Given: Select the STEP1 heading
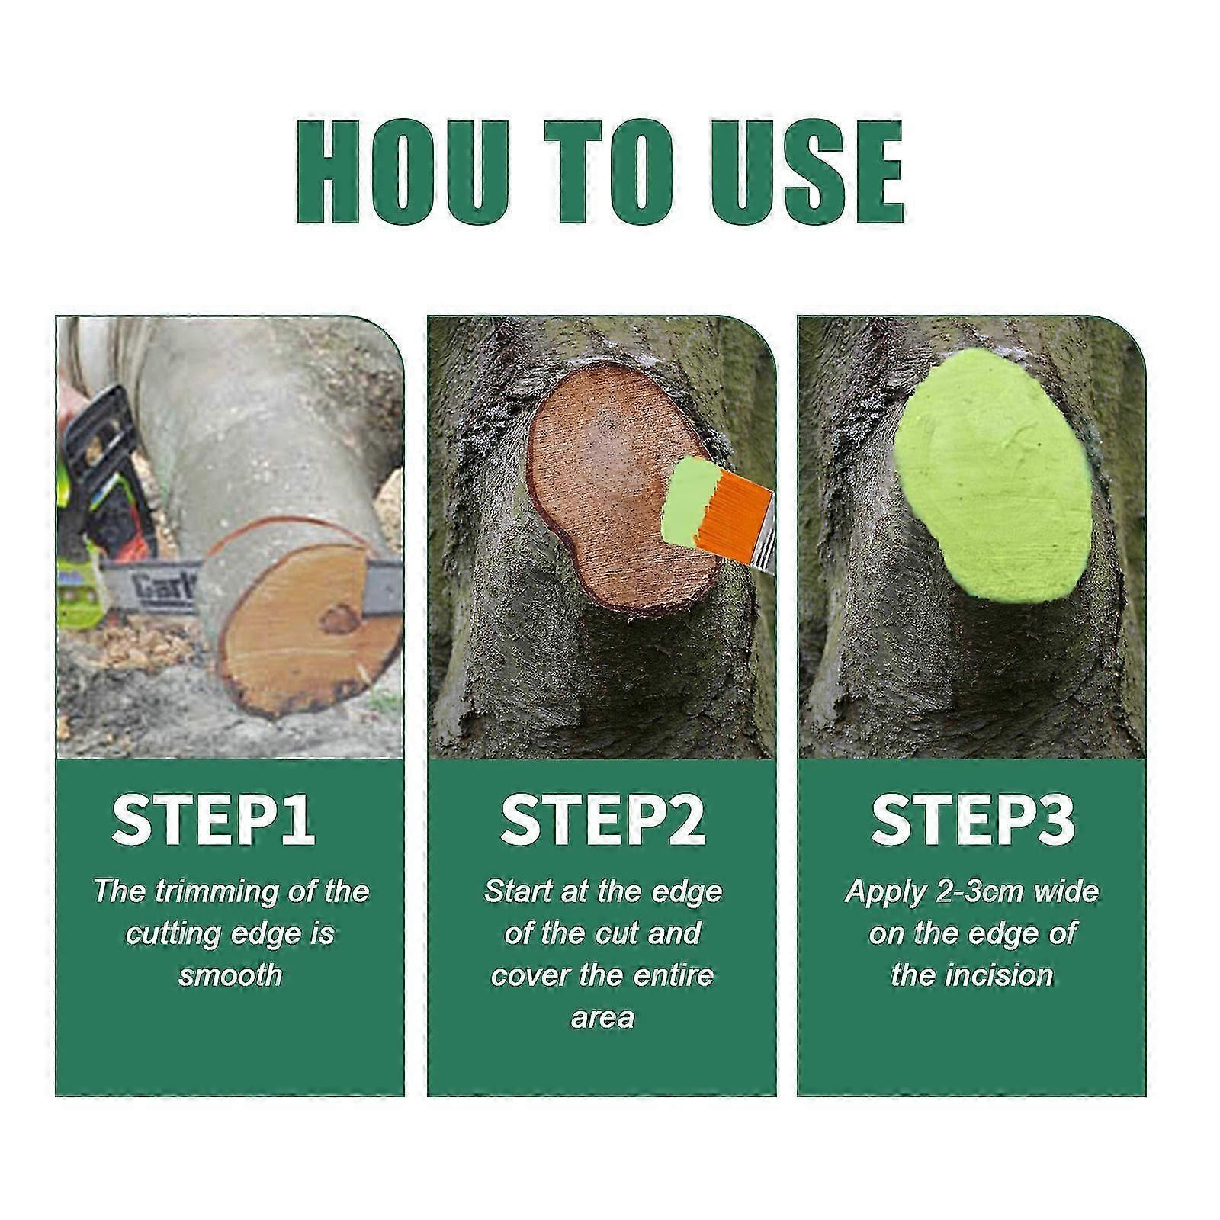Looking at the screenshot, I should [213, 820].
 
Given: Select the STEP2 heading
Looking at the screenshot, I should [602, 820].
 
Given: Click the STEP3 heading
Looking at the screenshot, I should [973, 820].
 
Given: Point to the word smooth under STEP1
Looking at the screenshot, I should [230, 975].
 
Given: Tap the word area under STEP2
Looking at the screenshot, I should [602, 1017].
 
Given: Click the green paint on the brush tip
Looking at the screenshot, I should [691, 503].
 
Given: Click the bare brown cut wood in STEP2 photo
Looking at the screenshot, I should [602, 488].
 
